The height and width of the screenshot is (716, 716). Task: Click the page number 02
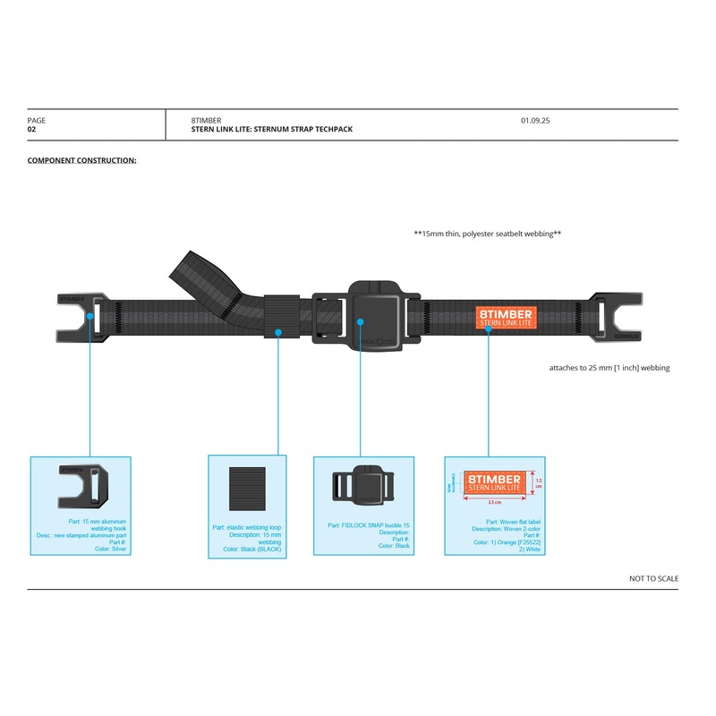(31, 130)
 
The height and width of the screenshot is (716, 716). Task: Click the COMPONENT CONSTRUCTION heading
(81, 160)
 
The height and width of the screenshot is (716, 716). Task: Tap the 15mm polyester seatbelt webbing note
(487, 234)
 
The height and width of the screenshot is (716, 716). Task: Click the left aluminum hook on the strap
(81, 317)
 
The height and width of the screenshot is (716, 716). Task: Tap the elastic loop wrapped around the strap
(281, 317)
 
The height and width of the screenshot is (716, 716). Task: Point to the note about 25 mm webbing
(609, 368)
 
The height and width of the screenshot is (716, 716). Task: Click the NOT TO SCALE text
(653, 579)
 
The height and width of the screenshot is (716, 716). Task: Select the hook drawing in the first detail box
(82, 483)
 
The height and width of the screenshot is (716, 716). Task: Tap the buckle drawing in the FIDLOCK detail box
(363, 487)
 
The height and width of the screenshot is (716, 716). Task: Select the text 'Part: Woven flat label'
(514, 522)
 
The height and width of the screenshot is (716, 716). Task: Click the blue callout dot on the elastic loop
(278, 332)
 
